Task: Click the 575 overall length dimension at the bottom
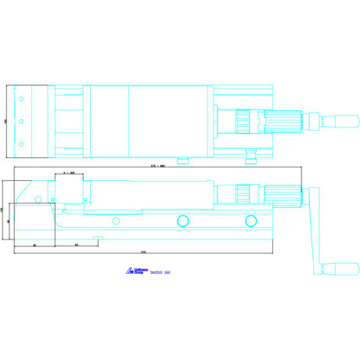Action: point(143,252)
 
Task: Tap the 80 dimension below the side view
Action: point(36,246)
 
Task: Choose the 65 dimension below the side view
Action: point(76,246)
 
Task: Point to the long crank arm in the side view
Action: point(316,227)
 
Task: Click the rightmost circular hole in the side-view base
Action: point(250,220)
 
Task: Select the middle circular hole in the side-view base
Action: point(182,220)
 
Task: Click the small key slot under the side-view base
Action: point(99,236)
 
